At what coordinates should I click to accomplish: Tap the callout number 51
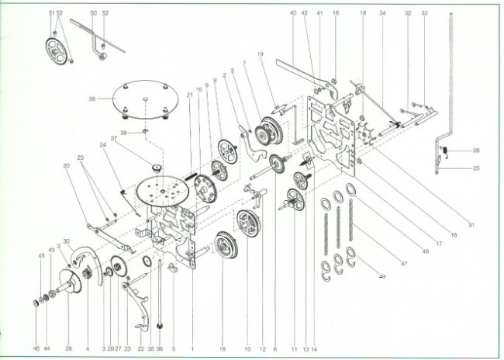51,13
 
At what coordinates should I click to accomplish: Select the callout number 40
293,13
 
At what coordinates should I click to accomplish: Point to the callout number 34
382,13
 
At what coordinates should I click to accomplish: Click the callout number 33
424,13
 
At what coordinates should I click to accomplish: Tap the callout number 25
477,167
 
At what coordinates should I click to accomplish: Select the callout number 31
471,224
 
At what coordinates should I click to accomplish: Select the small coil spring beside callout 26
447,149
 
